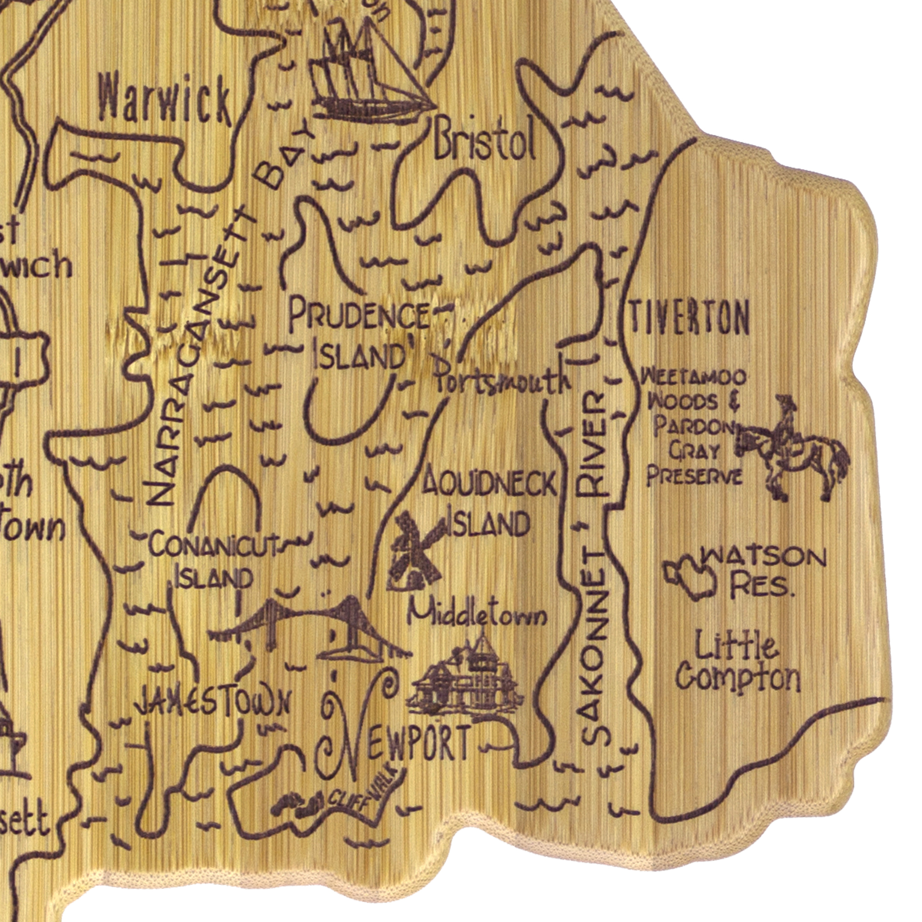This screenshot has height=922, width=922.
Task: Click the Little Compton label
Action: click(738, 663)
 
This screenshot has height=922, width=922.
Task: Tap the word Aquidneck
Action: click(489, 484)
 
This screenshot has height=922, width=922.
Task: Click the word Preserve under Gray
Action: click(694, 476)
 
